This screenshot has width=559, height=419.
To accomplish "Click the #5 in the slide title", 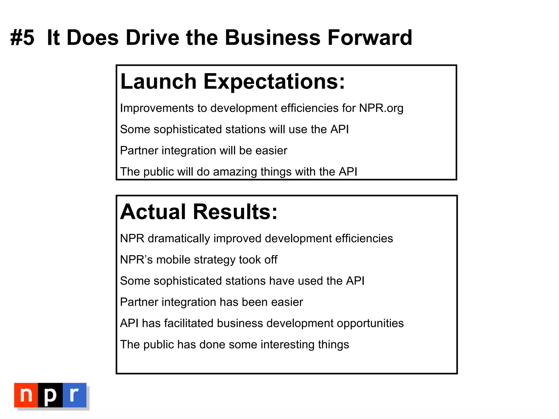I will coord(22,38).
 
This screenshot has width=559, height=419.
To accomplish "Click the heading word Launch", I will coord(158,81).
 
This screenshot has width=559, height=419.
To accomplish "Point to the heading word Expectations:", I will coord(274,82).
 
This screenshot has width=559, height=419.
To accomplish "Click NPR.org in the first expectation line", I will coord(381,108).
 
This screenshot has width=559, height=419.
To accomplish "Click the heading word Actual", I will coord(153,212).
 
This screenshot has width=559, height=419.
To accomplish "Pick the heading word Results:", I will coord(235,212).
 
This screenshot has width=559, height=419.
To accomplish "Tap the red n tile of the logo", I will coord(26,395).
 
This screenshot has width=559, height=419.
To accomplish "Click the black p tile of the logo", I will coord(50,395).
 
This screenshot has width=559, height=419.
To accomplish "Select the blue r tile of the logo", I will coord(75,395).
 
